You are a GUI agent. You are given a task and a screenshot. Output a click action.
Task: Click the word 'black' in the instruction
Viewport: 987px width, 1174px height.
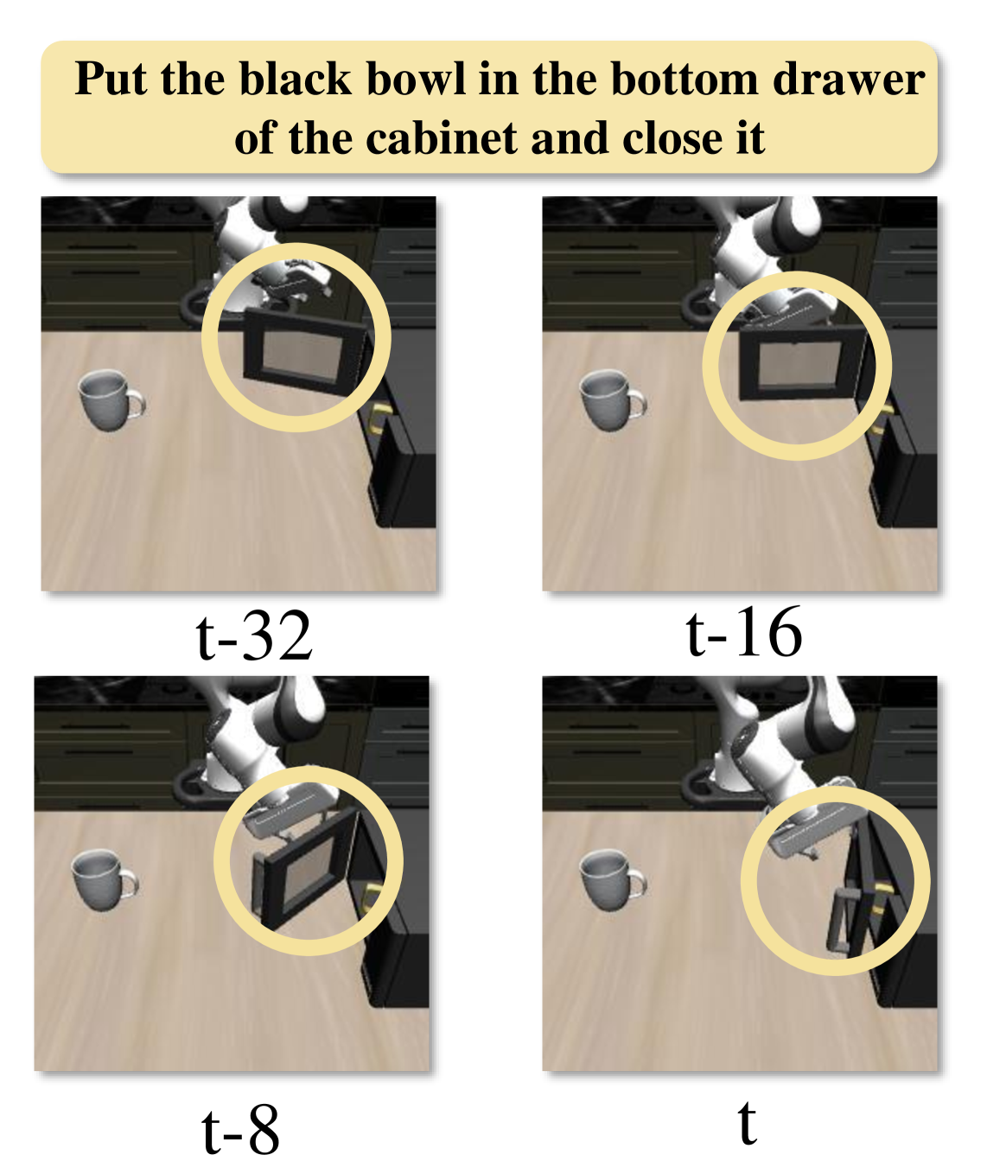click(296, 79)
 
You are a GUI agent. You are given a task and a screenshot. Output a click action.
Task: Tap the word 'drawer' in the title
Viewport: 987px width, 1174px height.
click(849, 80)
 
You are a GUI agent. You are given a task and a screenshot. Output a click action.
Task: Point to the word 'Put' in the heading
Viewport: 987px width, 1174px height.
click(111, 79)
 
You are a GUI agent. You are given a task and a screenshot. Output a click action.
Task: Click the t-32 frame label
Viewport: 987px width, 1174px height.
click(254, 635)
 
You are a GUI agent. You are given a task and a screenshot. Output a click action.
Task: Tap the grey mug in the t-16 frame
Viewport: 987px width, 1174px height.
click(612, 399)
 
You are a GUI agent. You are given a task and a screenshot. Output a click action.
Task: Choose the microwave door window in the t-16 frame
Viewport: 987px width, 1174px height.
click(799, 366)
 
